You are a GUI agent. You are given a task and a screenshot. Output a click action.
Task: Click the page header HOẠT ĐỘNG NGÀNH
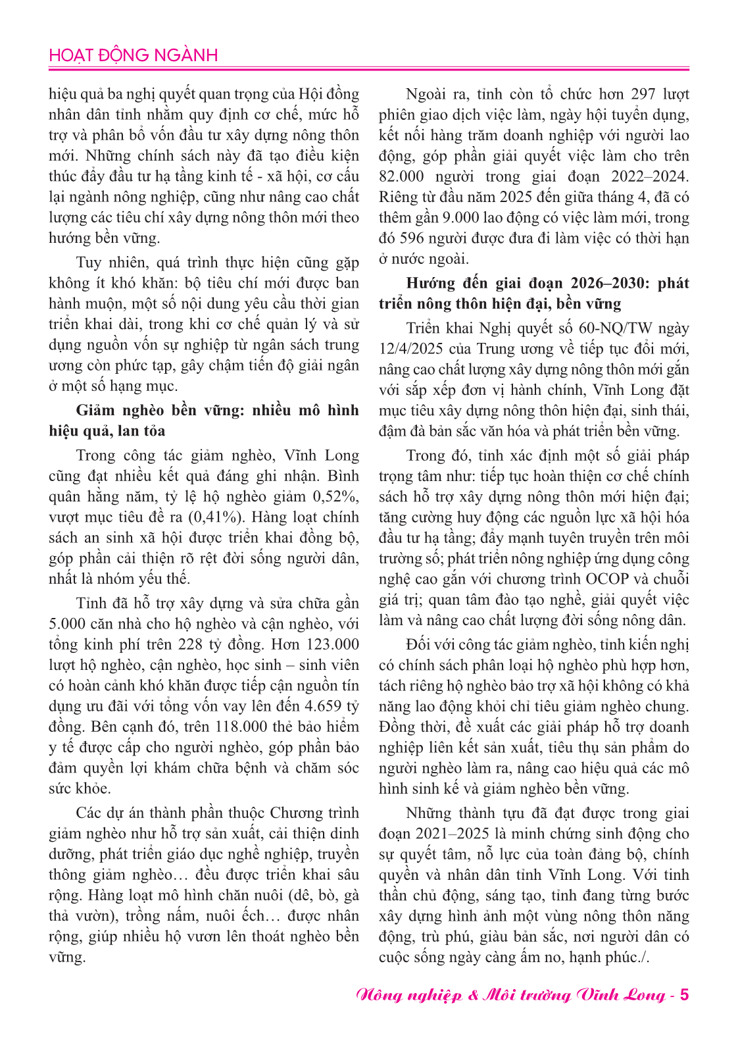(x=133, y=55)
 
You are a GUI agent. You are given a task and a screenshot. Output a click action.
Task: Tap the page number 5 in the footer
(x=684, y=994)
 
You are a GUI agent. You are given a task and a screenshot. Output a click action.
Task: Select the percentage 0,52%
(x=335, y=496)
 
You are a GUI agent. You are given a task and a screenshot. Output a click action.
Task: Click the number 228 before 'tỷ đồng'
(x=190, y=644)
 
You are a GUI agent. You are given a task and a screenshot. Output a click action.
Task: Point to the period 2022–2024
(x=649, y=176)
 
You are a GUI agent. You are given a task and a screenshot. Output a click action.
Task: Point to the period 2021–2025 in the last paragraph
(x=453, y=833)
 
